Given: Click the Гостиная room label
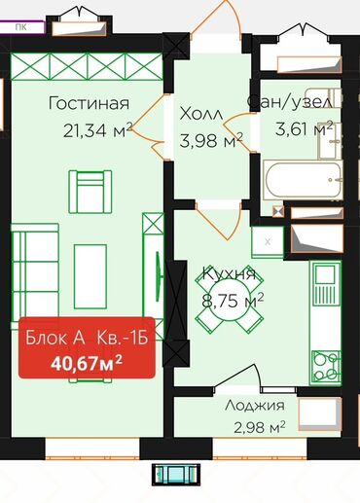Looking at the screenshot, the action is coord(89,103).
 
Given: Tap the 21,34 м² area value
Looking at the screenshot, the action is coord(98,129).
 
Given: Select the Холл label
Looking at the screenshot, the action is coord(201,114).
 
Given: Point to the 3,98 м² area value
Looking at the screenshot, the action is coord(211,140).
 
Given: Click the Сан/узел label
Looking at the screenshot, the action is coord(290,101).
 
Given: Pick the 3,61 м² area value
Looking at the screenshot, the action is coord(304,128).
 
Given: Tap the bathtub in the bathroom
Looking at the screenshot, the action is coord(303,180).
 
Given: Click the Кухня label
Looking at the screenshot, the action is coord(229,274).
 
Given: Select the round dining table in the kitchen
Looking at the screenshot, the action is coord(229,301).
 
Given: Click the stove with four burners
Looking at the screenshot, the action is coord(326,367).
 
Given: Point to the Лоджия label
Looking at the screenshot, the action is coord(255,406).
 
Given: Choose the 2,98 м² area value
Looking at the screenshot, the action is coord(260,427).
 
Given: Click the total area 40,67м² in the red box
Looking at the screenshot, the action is coord(87,363).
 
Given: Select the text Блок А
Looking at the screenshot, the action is coord(55,338).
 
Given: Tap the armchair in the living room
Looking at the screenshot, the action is coord(90,192).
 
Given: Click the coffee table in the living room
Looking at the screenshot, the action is coord(90,276).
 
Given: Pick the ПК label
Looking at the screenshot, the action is coord(20,27).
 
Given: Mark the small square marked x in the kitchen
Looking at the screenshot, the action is coord(268,241).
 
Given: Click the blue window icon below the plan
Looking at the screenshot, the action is coord(176,475).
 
